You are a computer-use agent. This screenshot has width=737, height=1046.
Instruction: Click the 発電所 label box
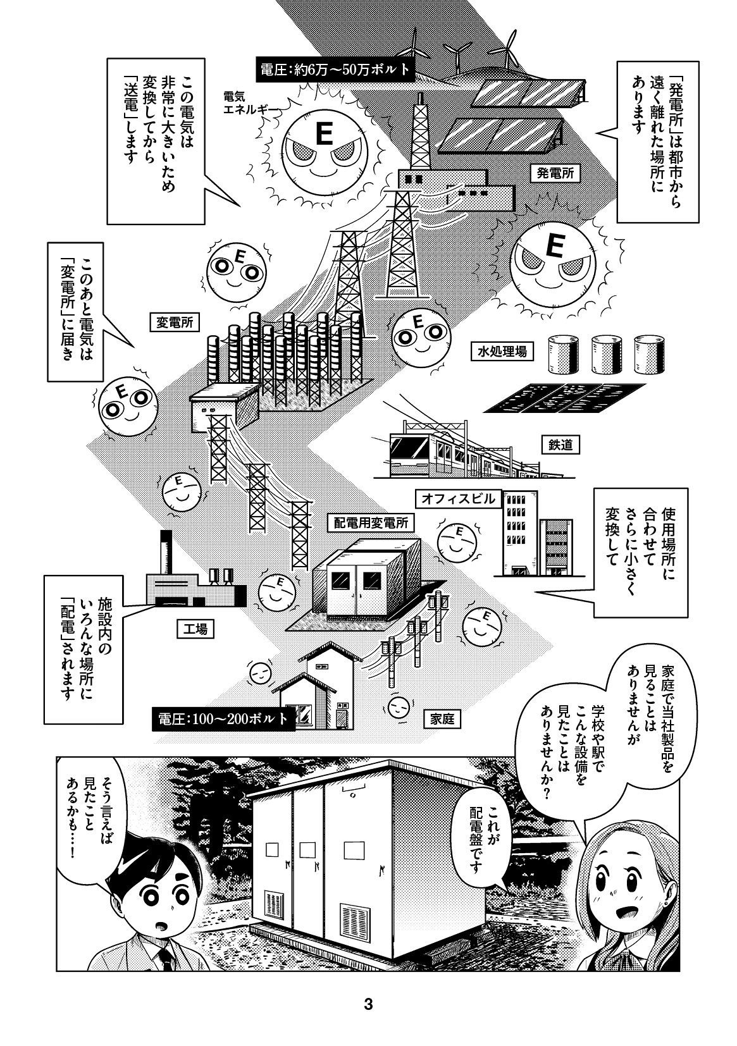point(555,172)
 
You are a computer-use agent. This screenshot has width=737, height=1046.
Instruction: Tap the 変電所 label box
point(174,323)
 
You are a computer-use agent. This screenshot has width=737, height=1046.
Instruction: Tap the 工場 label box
point(195,629)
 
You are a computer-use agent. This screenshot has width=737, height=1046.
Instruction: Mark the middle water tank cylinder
point(604,355)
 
